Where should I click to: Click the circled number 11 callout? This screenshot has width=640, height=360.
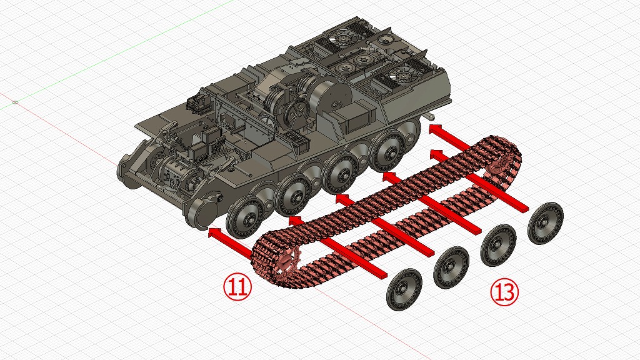point(237,287)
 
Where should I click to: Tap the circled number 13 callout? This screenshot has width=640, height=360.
point(504,291)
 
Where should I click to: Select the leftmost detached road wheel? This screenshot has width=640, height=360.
point(404,289)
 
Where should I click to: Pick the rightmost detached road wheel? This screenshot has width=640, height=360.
point(545,223)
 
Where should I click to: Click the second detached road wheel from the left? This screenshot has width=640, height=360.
point(451,267)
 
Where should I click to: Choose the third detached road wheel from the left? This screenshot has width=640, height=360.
point(498,245)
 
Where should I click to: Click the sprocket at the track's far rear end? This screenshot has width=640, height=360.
point(499,164)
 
